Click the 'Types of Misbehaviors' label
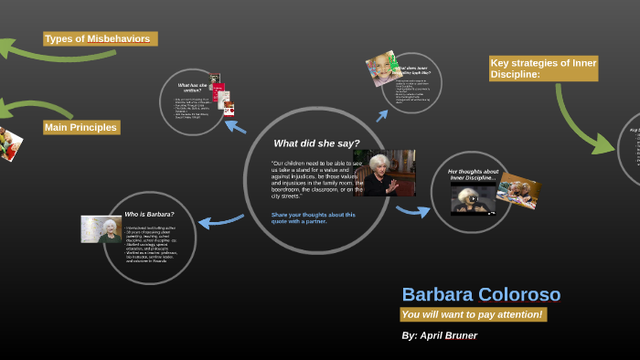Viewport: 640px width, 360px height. tap(99, 39)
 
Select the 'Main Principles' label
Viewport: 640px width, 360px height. tap(80, 127)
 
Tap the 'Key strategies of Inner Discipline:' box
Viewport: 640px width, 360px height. tap(543, 69)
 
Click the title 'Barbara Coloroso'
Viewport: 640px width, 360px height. tap(481, 295)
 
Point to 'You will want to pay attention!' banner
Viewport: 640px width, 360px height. tap(473, 314)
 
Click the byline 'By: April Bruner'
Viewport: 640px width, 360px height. tap(439, 335)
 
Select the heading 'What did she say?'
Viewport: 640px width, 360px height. tap(316, 143)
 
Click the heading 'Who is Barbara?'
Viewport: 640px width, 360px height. tap(149, 214)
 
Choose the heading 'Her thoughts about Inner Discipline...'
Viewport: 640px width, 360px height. tap(473, 174)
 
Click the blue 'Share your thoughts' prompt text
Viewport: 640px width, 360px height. tap(313, 217)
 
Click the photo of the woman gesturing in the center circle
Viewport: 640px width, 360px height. tap(385, 174)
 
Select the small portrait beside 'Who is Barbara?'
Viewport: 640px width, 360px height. tap(100, 228)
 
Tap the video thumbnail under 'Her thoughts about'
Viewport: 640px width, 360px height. tap(472, 196)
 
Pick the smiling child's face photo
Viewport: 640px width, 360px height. tap(379, 66)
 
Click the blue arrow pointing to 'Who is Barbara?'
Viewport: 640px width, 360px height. tap(219, 220)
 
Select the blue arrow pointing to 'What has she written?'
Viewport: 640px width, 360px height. tap(235, 125)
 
